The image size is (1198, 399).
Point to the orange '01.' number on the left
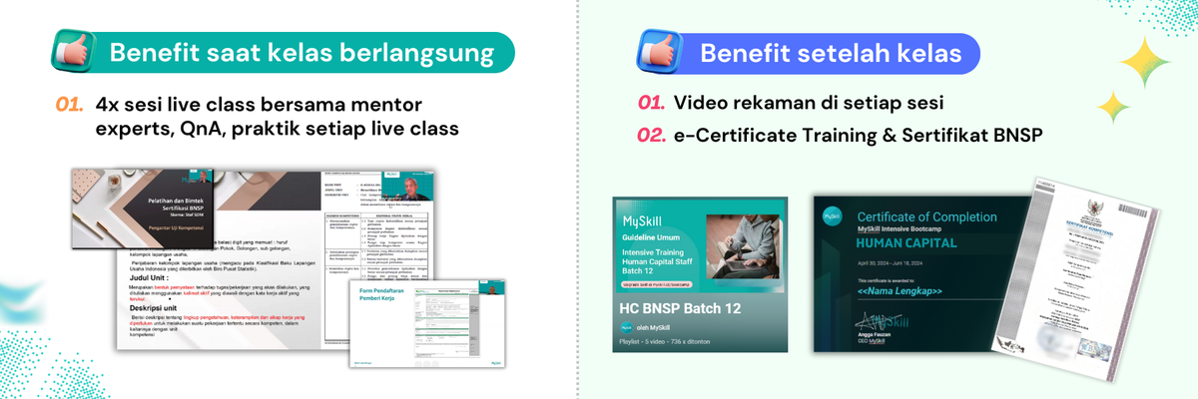pos(69,104)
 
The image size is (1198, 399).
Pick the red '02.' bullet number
pos(651,134)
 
